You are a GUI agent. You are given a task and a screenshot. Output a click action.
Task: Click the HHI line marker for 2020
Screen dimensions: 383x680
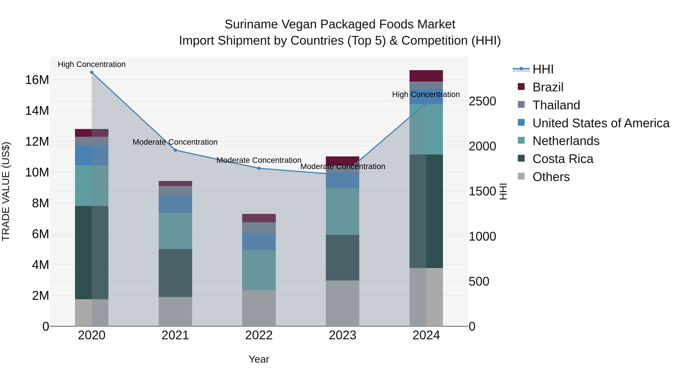pyautogui.click(x=92, y=72)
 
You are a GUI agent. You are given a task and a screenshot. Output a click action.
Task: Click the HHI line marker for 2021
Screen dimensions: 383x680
pyautogui.click(x=175, y=150)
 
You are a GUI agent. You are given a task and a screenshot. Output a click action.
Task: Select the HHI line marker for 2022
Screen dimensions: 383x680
pyautogui.click(x=259, y=168)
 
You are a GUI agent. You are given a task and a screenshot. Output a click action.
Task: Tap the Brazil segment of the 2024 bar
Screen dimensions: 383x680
pyautogui.click(x=426, y=76)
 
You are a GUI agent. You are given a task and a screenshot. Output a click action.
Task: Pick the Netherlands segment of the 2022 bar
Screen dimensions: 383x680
pyautogui.click(x=259, y=270)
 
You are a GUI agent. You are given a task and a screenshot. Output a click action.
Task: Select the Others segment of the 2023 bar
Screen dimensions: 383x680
pyautogui.click(x=342, y=303)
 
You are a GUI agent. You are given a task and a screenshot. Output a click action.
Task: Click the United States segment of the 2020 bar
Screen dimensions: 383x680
pyautogui.click(x=92, y=155)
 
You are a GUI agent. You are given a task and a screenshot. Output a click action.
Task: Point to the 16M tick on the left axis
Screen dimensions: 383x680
pyautogui.click(x=37, y=80)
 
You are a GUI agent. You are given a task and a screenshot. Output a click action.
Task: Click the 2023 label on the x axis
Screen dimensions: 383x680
pyautogui.click(x=342, y=335)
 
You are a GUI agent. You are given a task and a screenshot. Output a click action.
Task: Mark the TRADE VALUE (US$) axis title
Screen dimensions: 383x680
pyautogui.click(x=6, y=191)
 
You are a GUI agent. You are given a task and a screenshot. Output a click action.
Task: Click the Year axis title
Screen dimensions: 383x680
pyautogui.click(x=259, y=359)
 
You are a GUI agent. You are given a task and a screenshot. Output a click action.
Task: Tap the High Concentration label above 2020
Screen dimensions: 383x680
pyautogui.click(x=92, y=64)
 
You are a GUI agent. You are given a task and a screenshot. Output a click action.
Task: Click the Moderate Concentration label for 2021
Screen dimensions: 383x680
pyautogui.click(x=175, y=142)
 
